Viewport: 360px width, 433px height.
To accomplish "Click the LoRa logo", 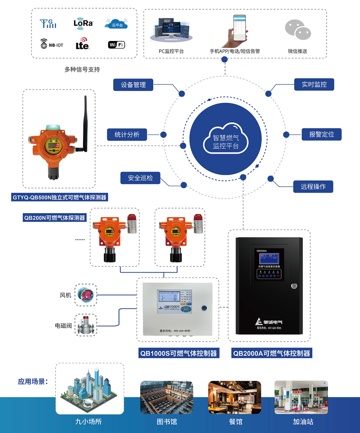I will tap(83, 24).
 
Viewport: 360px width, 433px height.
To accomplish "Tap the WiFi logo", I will tap(116, 45).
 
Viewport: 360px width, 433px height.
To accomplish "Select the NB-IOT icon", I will tap(52, 44).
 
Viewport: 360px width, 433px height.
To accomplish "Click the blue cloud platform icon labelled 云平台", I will tap(116, 24).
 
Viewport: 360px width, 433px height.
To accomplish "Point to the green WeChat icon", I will tap(298, 30).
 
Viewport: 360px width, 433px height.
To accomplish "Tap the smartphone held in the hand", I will tap(239, 28).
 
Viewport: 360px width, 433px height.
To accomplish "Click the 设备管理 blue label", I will tap(133, 85).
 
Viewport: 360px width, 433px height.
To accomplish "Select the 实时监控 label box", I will tap(314, 85).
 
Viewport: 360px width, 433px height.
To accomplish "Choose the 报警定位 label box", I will tap(321, 134).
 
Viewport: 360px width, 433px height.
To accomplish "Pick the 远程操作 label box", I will tap(313, 187).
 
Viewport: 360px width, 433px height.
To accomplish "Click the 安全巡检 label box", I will tap(140, 178).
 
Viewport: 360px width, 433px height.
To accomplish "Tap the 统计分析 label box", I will tap(127, 135).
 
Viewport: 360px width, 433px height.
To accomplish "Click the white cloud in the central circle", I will tap(226, 139).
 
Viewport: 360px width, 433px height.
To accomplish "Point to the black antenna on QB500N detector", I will tap(85, 123).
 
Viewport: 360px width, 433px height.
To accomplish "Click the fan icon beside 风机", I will tap(86, 295).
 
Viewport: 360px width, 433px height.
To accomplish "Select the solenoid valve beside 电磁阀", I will tap(86, 325).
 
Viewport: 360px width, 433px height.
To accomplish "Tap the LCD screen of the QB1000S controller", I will tap(169, 297).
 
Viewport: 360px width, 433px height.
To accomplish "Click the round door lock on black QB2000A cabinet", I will tap(294, 286).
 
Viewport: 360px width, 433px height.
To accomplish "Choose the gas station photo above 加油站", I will tap(301, 397).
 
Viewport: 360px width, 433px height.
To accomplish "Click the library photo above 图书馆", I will tap(167, 397).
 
